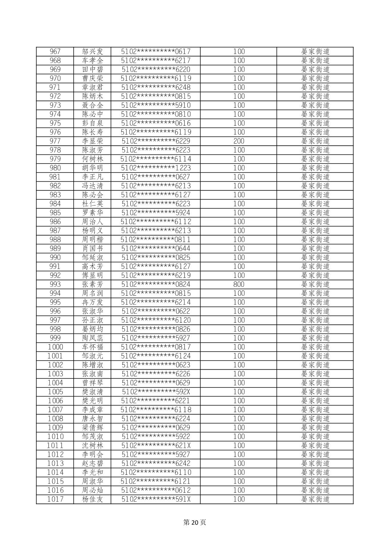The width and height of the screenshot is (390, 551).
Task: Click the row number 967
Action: (55, 51)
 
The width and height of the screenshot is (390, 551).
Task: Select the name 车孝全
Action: (93, 61)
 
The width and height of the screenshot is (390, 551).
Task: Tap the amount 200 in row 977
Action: (239, 141)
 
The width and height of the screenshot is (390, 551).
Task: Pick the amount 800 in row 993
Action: (239, 284)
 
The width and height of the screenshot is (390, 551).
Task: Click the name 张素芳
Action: (93, 284)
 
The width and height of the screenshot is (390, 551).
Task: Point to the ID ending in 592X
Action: (156, 392)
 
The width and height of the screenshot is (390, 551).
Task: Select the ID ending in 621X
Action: (156, 446)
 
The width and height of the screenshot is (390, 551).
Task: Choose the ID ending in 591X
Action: (156, 499)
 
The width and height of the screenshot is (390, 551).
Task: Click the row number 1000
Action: (55, 347)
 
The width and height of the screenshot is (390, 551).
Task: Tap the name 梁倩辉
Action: (93, 427)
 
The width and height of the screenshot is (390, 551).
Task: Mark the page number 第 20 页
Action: (195, 522)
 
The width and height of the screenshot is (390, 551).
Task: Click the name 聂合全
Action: (93, 105)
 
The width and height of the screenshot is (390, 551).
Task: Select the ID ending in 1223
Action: (156, 168)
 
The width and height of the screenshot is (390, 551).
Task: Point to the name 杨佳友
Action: (93, 499)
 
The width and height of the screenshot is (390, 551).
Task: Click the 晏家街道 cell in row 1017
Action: (315, 499)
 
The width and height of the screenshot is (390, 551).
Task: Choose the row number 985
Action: (55, 213)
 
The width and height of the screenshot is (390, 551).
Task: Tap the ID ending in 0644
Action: (156, 248)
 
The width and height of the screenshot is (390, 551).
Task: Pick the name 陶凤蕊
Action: (93, 338)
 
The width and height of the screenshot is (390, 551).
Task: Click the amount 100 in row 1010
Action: (239, 436)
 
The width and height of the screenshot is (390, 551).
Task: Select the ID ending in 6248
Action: (156, 87)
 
